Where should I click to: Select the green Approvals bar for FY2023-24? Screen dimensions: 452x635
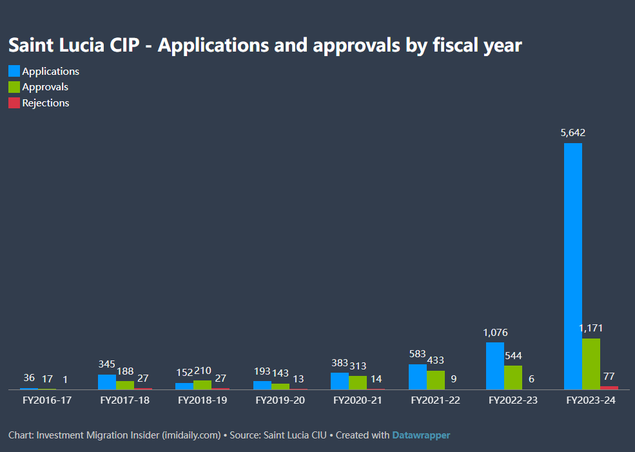(591, 364)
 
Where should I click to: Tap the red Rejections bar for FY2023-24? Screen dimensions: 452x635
(609, 388)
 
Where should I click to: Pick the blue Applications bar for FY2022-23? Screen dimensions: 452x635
(495, 366)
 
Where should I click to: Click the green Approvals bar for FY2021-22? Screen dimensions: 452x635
(436, 380)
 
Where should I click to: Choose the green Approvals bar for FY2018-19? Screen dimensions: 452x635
(202, 384)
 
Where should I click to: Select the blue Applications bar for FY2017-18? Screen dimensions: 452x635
(107, 382)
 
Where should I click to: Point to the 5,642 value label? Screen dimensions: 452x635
(573, 133)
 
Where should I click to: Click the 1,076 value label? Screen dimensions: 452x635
(495, 333)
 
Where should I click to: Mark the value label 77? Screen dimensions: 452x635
(609, 376)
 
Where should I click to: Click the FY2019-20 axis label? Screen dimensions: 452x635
(280, 400)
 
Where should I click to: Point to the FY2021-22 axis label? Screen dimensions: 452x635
(436, 400)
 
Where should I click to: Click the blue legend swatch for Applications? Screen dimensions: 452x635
(14, 71)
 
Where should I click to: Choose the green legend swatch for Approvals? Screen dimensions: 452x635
(14, 87)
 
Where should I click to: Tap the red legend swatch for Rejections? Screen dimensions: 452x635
(14, 103)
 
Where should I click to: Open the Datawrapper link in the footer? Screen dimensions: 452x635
(421, 435)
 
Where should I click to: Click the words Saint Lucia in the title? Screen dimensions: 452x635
(44, 45)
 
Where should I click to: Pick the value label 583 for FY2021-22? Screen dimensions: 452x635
(417, 354)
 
